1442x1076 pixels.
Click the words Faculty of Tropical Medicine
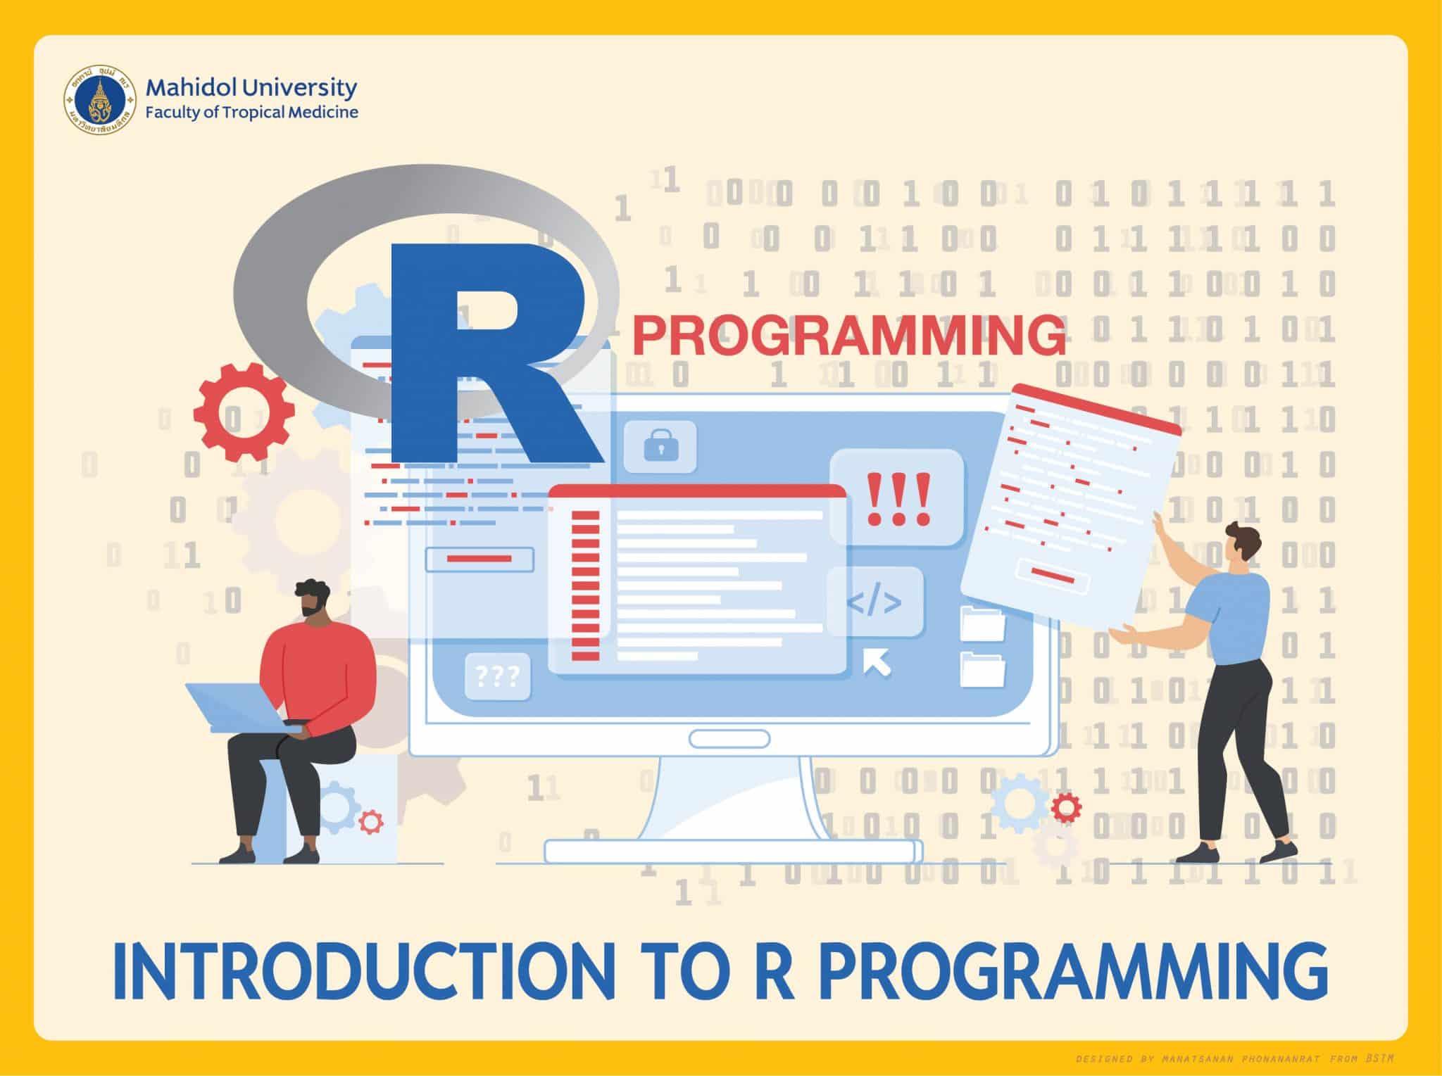[251, 112]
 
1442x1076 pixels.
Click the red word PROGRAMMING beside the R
[848, 336]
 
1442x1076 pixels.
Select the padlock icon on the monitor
[660, 446]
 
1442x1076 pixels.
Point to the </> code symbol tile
[874, 603]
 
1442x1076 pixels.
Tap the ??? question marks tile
[498, 677]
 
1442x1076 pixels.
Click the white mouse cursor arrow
[877, 662]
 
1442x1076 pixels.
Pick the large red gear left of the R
[244, 413]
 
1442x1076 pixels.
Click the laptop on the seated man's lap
[236, 707]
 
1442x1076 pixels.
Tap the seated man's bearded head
[312, 598]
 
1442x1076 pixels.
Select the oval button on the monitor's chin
[729, 739]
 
